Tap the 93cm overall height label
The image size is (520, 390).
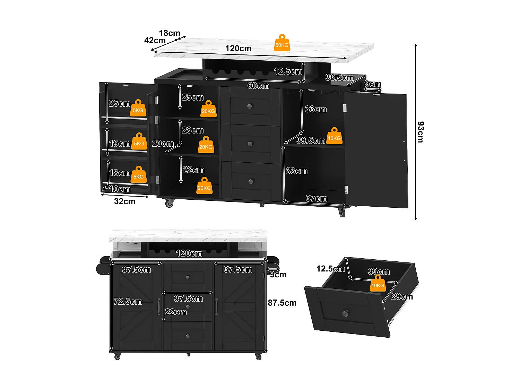click(420, 132)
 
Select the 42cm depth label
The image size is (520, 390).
click(155, 41)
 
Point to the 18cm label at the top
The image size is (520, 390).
click(170, 33)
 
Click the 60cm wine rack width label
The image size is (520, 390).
click(258, 86)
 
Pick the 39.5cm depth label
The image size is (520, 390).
click(311, 140)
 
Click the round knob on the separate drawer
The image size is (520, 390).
click(345, 313)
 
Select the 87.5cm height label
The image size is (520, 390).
click(282, 303)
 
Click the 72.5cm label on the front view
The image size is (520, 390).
click(128, 302)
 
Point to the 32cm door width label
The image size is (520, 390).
click(125, 201)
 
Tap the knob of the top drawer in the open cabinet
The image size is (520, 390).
click(250, 106)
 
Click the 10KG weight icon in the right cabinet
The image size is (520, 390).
click(334, 136)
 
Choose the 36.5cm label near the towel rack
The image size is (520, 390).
click(339, 78)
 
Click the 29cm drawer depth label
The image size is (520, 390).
click(402, 297)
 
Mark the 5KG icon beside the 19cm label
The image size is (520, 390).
click(139, 142)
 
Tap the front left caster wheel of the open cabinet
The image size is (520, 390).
click(169, 203)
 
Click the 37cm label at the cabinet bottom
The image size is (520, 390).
click(316, 198)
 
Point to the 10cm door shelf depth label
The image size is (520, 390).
click(120, 189)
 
